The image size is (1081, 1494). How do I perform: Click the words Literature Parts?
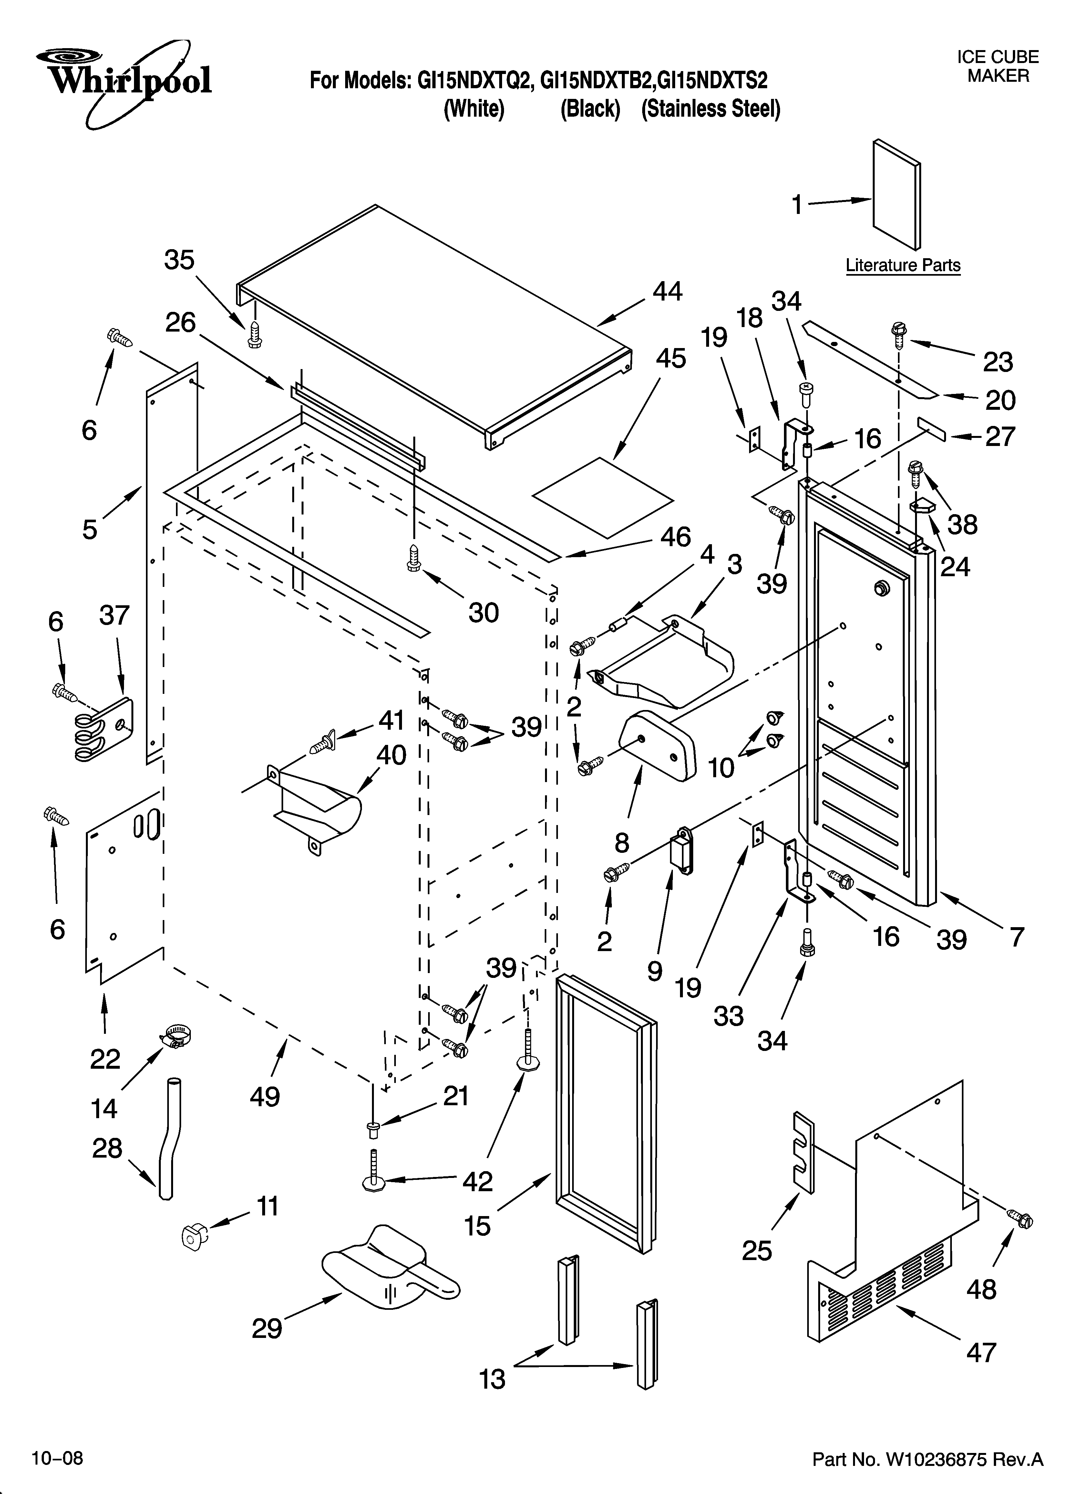click(902, 265)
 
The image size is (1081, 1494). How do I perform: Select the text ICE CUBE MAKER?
click(997, 67)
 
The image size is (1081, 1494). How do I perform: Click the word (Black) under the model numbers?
click(590, 109)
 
